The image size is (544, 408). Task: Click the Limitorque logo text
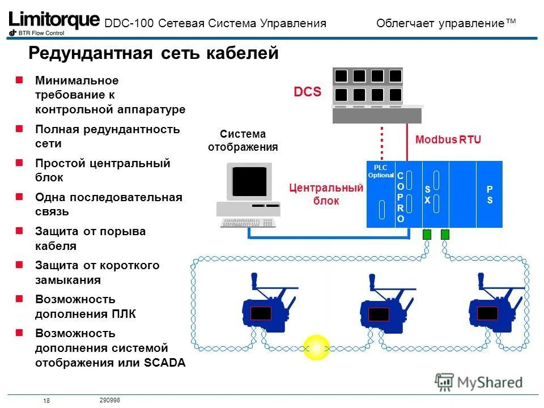[54, 20]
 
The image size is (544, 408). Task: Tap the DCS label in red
[307, 92]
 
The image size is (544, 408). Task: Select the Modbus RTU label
[448, 140]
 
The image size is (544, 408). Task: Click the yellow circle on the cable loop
[316, 347]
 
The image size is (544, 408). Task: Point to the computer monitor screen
[249, 181]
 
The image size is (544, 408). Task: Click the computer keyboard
[248, 223]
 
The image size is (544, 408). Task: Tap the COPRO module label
[401, 198]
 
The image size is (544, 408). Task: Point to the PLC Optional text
[381, 172]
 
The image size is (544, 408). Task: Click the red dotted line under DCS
[382, 144]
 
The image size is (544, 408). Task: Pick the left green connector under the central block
[427, 234]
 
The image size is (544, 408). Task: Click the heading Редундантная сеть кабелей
[154, 53]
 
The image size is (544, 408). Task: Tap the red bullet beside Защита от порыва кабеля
[19, 231]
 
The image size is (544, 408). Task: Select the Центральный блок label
[326, 194]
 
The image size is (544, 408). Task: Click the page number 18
[46, 401]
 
